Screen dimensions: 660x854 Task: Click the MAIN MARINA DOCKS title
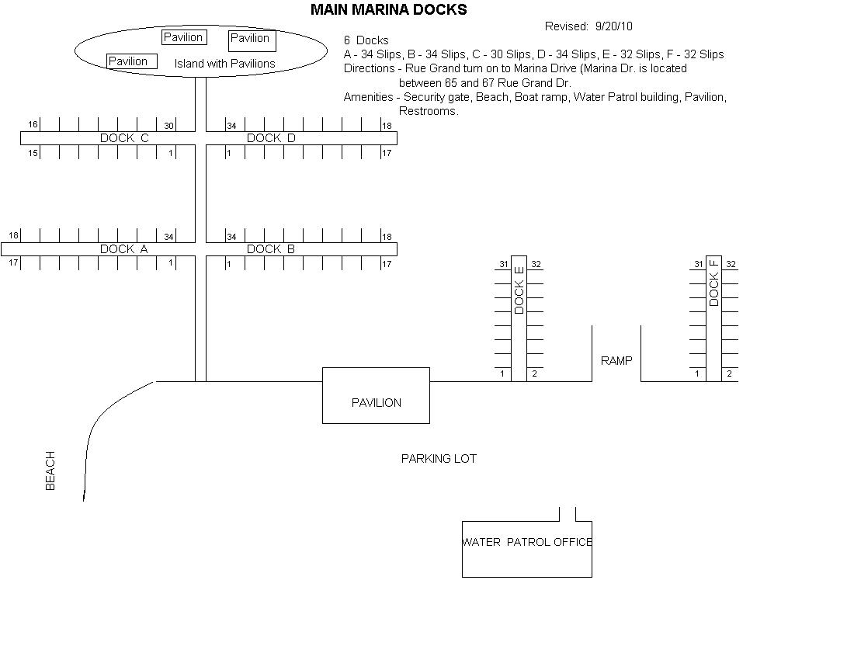coord(388,10)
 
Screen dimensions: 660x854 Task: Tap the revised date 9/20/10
coord(613,26)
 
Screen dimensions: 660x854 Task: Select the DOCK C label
coord(124,138)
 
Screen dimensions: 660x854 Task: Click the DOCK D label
coord(271,138)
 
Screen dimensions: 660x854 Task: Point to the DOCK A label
coord(123,249)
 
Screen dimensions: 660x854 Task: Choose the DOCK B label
coord(271,249)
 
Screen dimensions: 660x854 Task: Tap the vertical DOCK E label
coord(519,290)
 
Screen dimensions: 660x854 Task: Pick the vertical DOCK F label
coord(714,283)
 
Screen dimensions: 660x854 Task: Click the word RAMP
coord(616,361)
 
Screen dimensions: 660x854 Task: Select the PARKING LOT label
coord(439,459)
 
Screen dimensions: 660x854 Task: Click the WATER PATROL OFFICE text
coord(527,542)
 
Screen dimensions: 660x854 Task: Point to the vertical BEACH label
coord(50,471)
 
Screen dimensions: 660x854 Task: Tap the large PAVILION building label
coord(377,403)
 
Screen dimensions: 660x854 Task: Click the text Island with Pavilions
coord(224,64)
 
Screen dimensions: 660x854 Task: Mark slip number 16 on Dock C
coord(33,125)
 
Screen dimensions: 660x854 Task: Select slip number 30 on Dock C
coord(168,126)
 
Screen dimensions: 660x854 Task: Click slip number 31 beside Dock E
coord(503,265)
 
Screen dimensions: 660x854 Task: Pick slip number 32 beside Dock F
coord(731,265)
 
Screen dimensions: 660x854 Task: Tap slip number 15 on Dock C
coord(33,153)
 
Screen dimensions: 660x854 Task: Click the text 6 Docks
coord(366,40)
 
